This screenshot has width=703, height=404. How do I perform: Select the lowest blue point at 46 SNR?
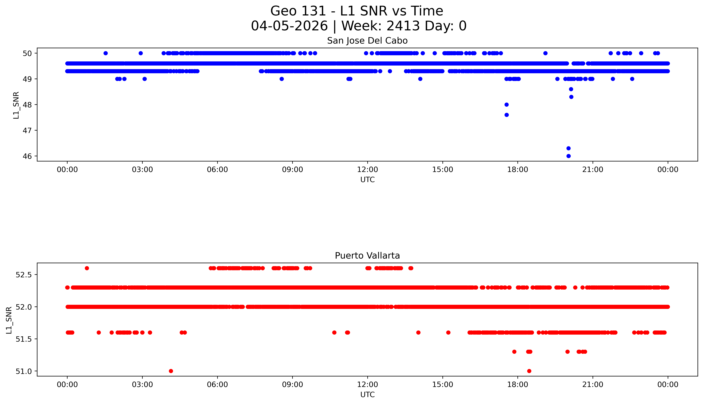(568, 156)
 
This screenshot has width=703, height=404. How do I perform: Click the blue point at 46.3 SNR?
(568, 148)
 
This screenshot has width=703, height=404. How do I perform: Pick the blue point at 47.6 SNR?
(507, 115)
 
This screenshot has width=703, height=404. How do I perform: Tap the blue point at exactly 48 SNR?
(507, 105)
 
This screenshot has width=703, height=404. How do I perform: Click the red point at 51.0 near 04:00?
(171, 371)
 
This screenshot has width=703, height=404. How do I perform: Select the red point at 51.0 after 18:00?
(529, 371)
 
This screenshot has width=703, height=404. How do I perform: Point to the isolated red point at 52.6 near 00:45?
(87, 268)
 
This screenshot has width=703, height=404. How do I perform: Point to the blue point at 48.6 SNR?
(571, 89)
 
